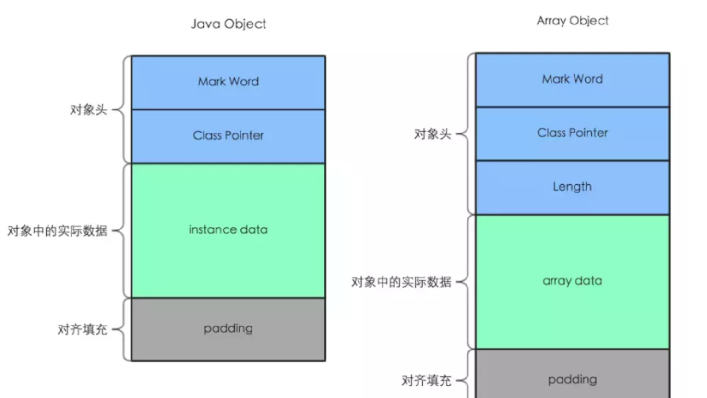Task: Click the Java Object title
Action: [x=228, y=24]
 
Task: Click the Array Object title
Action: [x=572, y=21]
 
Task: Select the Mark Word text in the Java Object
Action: [x=228, y=82]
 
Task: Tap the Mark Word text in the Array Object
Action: [x=572, y=79]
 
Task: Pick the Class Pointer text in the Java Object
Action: [x=228, y=135]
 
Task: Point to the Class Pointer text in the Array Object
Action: [x=572, y=133]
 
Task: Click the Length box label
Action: [x=572, y=187]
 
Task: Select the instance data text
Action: [x=228, y=229]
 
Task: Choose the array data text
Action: [x=572, y=281]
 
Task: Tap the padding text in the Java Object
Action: [x=228, y=328]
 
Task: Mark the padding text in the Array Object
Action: [x=572, y=380]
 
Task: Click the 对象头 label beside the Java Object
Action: [x=88, y=110]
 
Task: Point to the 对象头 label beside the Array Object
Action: [x=432, y=134]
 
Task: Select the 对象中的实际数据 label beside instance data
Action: [x=57, y=231]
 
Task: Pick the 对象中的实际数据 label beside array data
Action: [x=401, y=282]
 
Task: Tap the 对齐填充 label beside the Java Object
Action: [x=82, y=330]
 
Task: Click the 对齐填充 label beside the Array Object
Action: [x=426, y=381]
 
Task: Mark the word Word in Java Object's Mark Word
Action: [x=244, y=82]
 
